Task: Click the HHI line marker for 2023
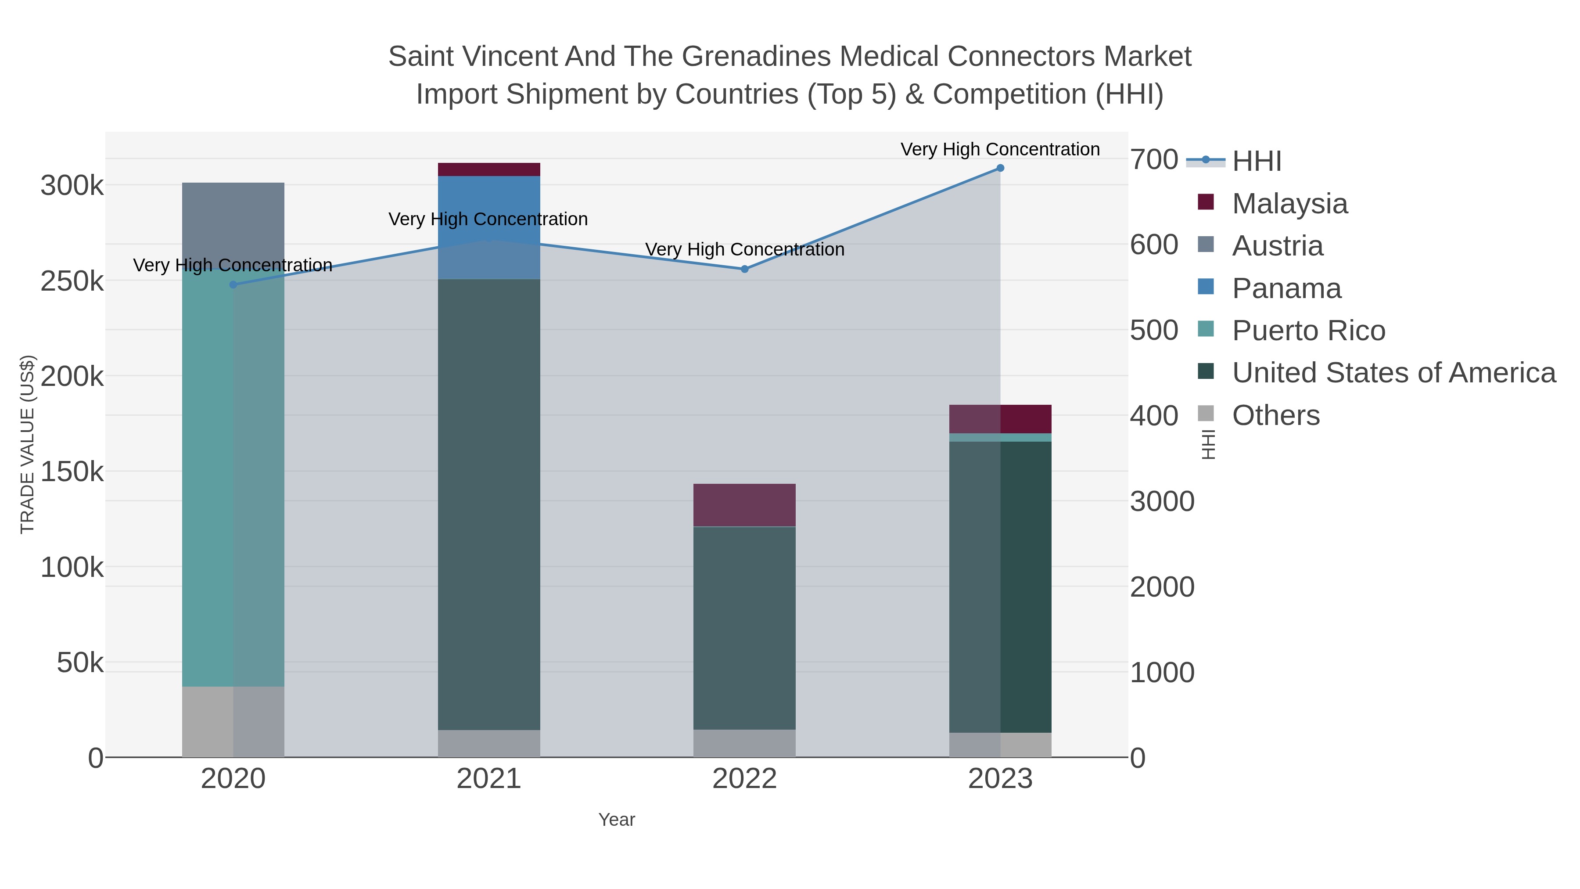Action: (x=1000, y=168)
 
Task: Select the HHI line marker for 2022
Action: (x=745, y=269)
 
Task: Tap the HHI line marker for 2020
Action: (x=233, y=284)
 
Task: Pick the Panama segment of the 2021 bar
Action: (x=489, y=227)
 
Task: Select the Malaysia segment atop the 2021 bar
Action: (x=489, y=169)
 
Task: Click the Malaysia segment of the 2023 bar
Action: (x=1000, y=419)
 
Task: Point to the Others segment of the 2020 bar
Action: (x=233, y=721)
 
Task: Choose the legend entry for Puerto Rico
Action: (x=1308, y=331)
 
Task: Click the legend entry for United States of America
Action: (x=1393, y=373)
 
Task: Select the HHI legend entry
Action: (x=1256, y=162)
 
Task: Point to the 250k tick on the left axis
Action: (x=72, y=281)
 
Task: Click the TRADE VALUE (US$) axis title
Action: (x=28, y=444)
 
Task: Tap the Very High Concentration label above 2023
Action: (x=1000, y=149)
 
